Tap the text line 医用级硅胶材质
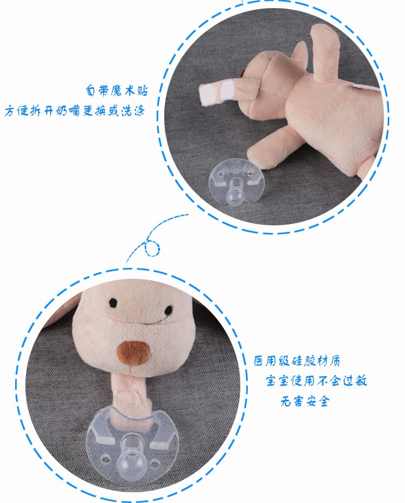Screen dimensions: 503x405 coord(297,361)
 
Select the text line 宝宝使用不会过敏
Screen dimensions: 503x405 coord(316,381)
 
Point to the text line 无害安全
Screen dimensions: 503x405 coord(305,402)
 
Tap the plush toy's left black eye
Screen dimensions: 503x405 coord(112,300)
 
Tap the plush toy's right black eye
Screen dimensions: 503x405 coord(168,311)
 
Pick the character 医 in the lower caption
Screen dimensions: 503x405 coord(259,361)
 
